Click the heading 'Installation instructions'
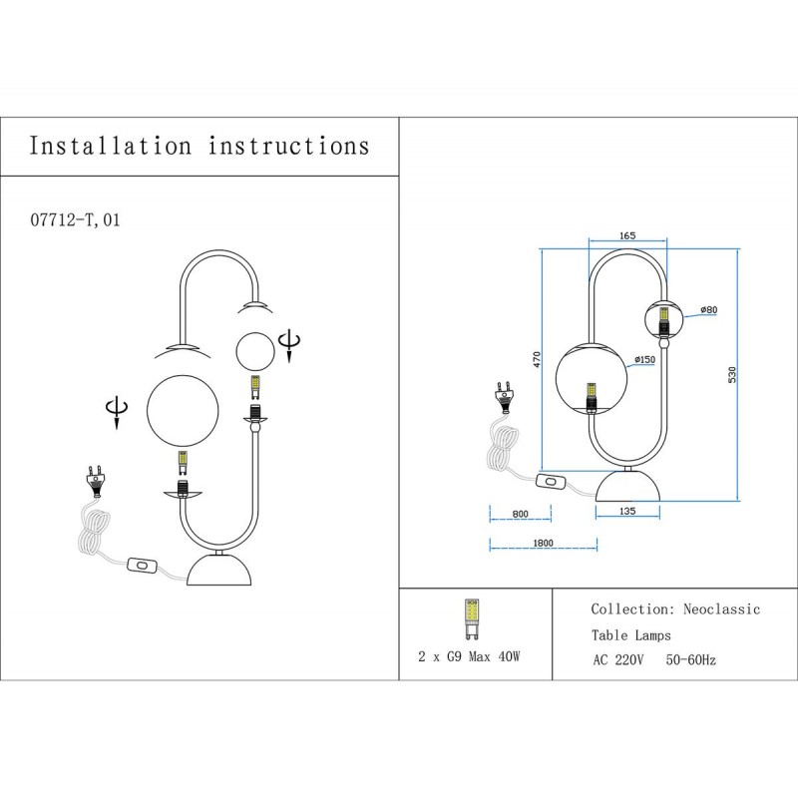199,146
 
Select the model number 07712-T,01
76,219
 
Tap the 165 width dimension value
627,236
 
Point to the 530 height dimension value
731,375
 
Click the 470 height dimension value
536,360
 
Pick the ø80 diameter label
708,310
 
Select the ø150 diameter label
644,359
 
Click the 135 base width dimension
626,511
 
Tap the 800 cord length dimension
520,514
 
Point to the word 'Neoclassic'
721,609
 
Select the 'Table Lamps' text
630,634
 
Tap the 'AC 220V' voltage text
620,660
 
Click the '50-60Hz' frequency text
690,660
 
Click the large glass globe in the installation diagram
183,410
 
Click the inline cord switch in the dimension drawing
551,483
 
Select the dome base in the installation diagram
221,571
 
